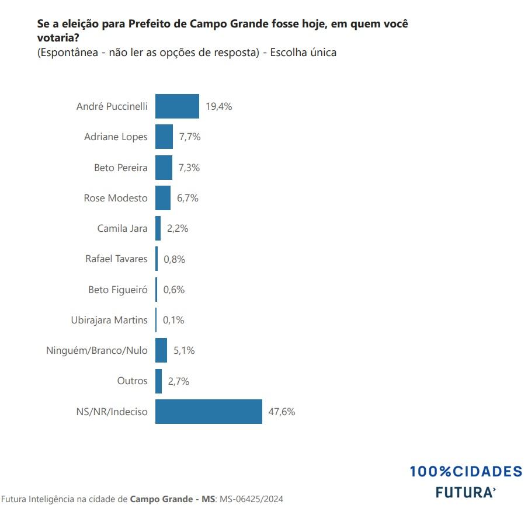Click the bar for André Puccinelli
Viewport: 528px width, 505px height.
pyautogui.click(x=177, y=106)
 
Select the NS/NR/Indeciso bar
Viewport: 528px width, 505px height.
pyautogui.click(x=209, y=412)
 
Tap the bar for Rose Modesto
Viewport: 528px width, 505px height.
pyautogui.click(x=163, y=198)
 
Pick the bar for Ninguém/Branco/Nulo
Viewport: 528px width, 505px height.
pyautogui.click(x=161, y=351)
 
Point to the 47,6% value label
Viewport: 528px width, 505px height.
pyautogui.click(x=282, y=412)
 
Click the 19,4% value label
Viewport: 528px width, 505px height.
pyautogui.click(x=219, y=106)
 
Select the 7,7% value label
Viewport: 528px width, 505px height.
pyautogui.click(x=190, y=137)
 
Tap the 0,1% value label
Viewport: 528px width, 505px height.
pyautogui.click(x=173, y=320)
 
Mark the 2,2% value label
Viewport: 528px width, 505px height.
pyautogui.click(x=178, y=228)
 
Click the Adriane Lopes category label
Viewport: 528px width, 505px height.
pyautogui.click(x=116, y=137)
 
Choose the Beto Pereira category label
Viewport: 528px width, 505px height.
pyautogui.click(x=121, y=168)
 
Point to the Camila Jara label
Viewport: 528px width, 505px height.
pyautogui.click(x=122, y=228)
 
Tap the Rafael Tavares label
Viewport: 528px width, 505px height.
pyautogui.click(x=116, y=259)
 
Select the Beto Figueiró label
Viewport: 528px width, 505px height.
pyautogui.click(x=118, y=290)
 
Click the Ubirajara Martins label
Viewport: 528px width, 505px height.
pyautogui.click(x=109, y=320)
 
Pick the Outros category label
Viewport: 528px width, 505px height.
pyautogui.click(x=132, y=381)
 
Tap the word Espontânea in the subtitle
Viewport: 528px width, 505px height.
pyautogui.click(x=67, y=53)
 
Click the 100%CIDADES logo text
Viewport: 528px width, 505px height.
pyautogui.click(x=466, y=472)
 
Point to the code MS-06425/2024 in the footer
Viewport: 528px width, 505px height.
pyautogui.click(x=252, y=499)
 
